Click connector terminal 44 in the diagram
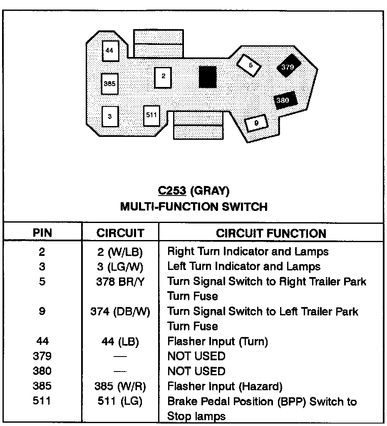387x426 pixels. [110, 51]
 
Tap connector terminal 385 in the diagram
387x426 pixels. [110, 84]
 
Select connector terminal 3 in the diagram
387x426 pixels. [110, 116]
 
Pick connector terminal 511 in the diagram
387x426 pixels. [151, 115]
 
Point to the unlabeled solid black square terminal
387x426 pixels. [207, 77]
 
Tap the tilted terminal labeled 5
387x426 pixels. [249, 65]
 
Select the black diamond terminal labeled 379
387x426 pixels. [288, 67]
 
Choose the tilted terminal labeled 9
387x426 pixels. [256, 123]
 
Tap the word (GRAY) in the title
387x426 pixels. [210, 191]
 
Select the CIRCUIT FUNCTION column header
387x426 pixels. [271, 233]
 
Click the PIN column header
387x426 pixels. [42, 233]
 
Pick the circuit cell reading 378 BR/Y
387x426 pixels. [120, 282]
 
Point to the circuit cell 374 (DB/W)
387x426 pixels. [120, 312]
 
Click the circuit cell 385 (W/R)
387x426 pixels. [120, 386]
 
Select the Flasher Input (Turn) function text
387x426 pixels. [217, 342]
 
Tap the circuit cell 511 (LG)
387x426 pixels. [120, 401]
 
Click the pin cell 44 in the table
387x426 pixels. [42, 342]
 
